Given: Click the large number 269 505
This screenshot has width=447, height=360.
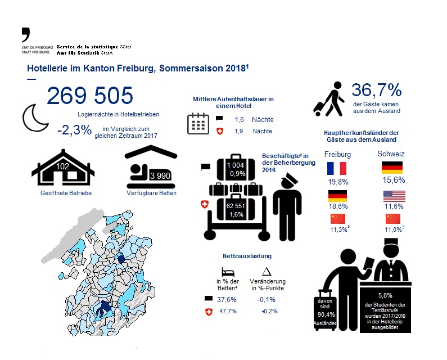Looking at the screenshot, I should click(x=90, y=96).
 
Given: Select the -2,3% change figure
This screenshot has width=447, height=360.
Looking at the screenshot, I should click(x=74, y=129).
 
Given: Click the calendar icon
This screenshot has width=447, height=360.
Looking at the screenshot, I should click(x=198, y=123).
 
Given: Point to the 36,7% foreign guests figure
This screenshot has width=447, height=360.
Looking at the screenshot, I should click(x=376, y=90).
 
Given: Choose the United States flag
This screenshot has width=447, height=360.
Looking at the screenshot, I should click(x=392, y=196).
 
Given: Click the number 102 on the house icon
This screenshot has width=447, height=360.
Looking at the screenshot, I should click(x=63, y=166).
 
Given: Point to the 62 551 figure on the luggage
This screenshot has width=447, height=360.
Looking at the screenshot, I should click(x=235, y=206).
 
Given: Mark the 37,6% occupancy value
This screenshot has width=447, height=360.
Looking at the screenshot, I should click(x=226, y=299).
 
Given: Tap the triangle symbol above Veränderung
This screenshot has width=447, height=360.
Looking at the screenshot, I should click(x=267, y=271).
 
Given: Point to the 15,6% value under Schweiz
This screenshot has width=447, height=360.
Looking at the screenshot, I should click(x=392, y=181).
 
